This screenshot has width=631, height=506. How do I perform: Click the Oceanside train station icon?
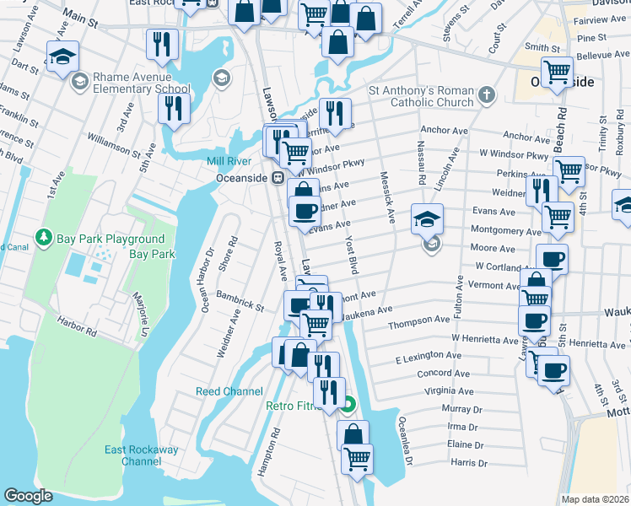pyautogui.click(x=276, y=178)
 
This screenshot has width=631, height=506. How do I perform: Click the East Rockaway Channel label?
pyautogui.click(x=141, y=455)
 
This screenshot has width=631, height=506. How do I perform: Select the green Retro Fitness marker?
pyautogui.click(x=348, y=406)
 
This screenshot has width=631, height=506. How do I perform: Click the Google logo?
pyautogui.click(x=28, y=496)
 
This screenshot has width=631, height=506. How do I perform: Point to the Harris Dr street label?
pyautogui.click(x=469, y=463)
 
